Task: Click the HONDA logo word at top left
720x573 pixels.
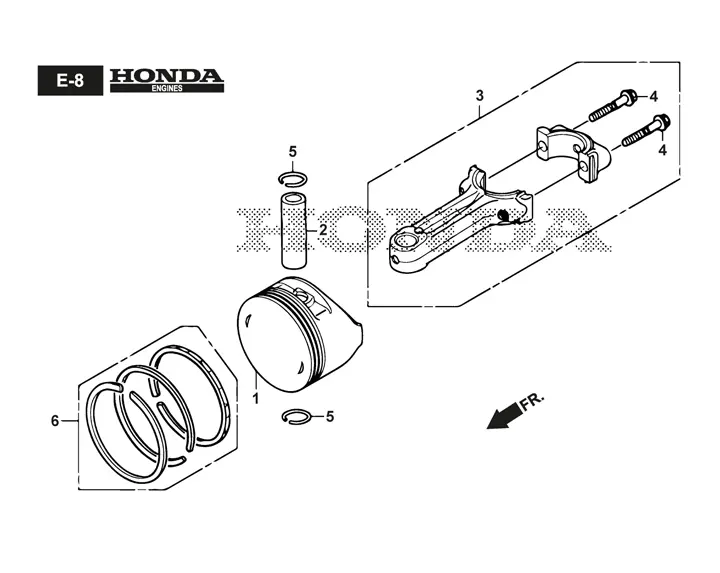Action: pos(166,75)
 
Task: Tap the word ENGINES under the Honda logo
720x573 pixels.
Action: pos(166,89)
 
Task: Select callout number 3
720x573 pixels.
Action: pos(480,95)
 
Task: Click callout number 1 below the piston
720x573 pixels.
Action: pos(255,398)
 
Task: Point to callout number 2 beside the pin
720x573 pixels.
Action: pos(323,230)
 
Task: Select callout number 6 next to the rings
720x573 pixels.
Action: pos(55,421)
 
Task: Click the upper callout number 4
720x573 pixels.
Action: pos(653,96)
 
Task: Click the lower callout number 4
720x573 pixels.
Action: pos(661,149)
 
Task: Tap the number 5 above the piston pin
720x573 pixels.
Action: pos(293,152)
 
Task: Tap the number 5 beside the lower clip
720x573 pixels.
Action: pos(330,416)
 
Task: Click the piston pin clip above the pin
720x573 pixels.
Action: pos(292,180)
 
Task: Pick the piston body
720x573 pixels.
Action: pos(295,335)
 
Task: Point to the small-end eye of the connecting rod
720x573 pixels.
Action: pos(411,245)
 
